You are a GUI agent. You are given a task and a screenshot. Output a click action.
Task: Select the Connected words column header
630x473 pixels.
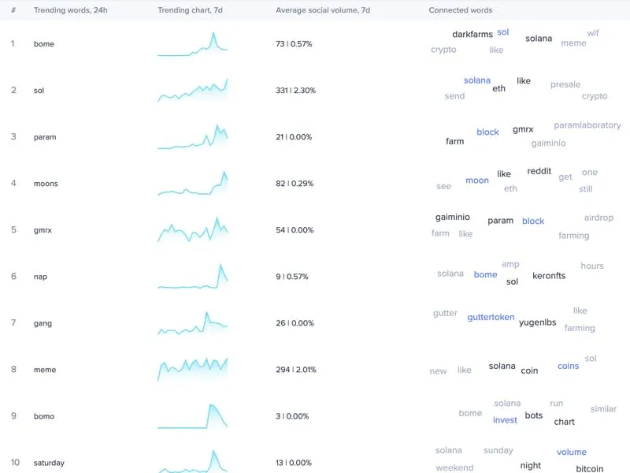click(460, 10)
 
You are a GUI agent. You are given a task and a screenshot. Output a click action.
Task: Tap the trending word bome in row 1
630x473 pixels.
click(44, 44)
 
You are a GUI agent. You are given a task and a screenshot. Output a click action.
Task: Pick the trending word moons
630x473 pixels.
click(46, 184)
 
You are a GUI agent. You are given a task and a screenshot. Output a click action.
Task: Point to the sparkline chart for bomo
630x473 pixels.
click(193, 416)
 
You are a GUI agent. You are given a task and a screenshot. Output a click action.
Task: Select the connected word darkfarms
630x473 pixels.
click(472, 35)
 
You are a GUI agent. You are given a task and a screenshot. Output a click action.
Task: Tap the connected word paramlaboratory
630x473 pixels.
click(587, 125)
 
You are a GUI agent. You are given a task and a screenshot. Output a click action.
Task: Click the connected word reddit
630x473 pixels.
click(539, 172)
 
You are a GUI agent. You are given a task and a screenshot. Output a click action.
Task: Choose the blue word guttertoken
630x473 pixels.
click(491, 318)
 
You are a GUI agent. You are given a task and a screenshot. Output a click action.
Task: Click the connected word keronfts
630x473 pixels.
click(549, 276)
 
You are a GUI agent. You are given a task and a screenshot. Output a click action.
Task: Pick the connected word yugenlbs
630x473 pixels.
click(538, 322)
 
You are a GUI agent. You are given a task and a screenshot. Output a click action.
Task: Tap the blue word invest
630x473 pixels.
click(505, 420)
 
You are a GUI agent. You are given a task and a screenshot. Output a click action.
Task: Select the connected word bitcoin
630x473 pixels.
click(589, 469)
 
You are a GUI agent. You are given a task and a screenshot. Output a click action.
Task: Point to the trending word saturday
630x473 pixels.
click(49, 463)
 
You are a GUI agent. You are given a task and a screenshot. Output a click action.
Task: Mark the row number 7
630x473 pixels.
click(13, 323)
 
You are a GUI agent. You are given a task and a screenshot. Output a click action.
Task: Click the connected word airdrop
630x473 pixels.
click(598, 218)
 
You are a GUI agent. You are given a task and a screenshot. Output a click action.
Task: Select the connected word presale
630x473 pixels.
click(565, 84)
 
